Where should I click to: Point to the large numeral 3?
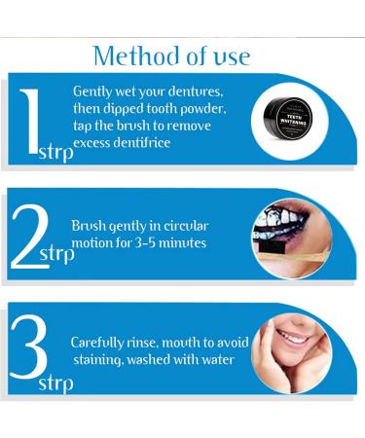point(28,347)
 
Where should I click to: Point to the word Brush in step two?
point(88,226)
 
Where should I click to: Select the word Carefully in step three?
point(97,344)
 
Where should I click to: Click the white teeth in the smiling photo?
point(293,338)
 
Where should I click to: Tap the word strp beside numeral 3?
point(55,384)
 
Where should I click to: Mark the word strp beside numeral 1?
point(56,153)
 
